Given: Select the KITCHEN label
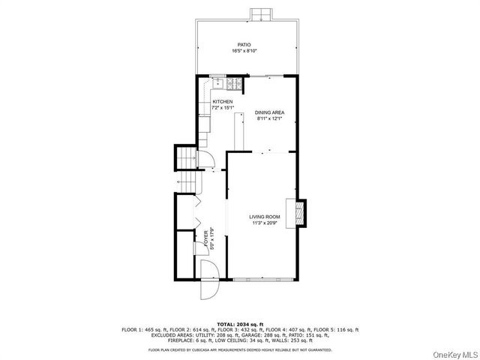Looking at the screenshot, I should coord(223,101).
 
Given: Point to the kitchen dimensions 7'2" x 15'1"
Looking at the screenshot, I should coord(223,107).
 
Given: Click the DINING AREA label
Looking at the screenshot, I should coord(270,112).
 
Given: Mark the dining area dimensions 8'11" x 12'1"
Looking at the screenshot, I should coord(270,118).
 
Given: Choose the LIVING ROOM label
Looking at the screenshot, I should coord(265,217).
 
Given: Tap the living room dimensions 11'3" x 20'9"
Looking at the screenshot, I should coord(265,223).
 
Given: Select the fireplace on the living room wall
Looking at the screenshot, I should coord(299,212).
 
